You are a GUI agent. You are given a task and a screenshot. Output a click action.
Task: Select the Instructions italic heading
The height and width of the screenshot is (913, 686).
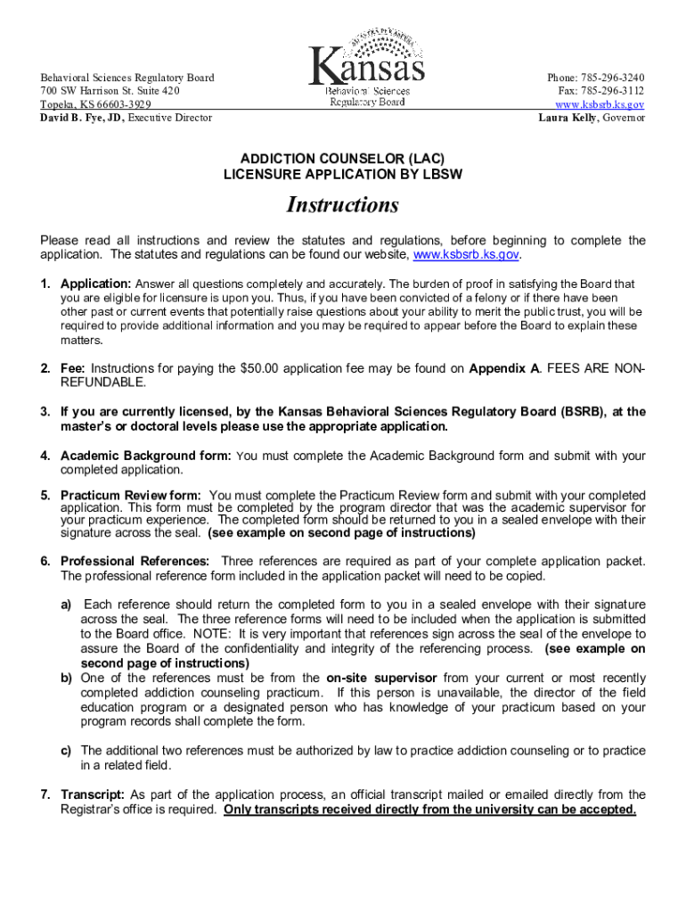(342, 205)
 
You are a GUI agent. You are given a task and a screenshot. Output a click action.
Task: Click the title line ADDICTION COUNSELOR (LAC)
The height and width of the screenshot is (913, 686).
(342, 160)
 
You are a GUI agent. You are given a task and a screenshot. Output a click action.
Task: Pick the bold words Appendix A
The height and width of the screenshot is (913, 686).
(503, 368)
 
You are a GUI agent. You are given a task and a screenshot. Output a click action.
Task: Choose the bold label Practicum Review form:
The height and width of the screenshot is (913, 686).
(131, 495)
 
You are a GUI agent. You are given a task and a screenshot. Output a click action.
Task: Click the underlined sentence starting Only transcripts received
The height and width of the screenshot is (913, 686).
(429, 810)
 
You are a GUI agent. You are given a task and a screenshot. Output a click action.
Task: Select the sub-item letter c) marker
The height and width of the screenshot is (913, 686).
(67, 751)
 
